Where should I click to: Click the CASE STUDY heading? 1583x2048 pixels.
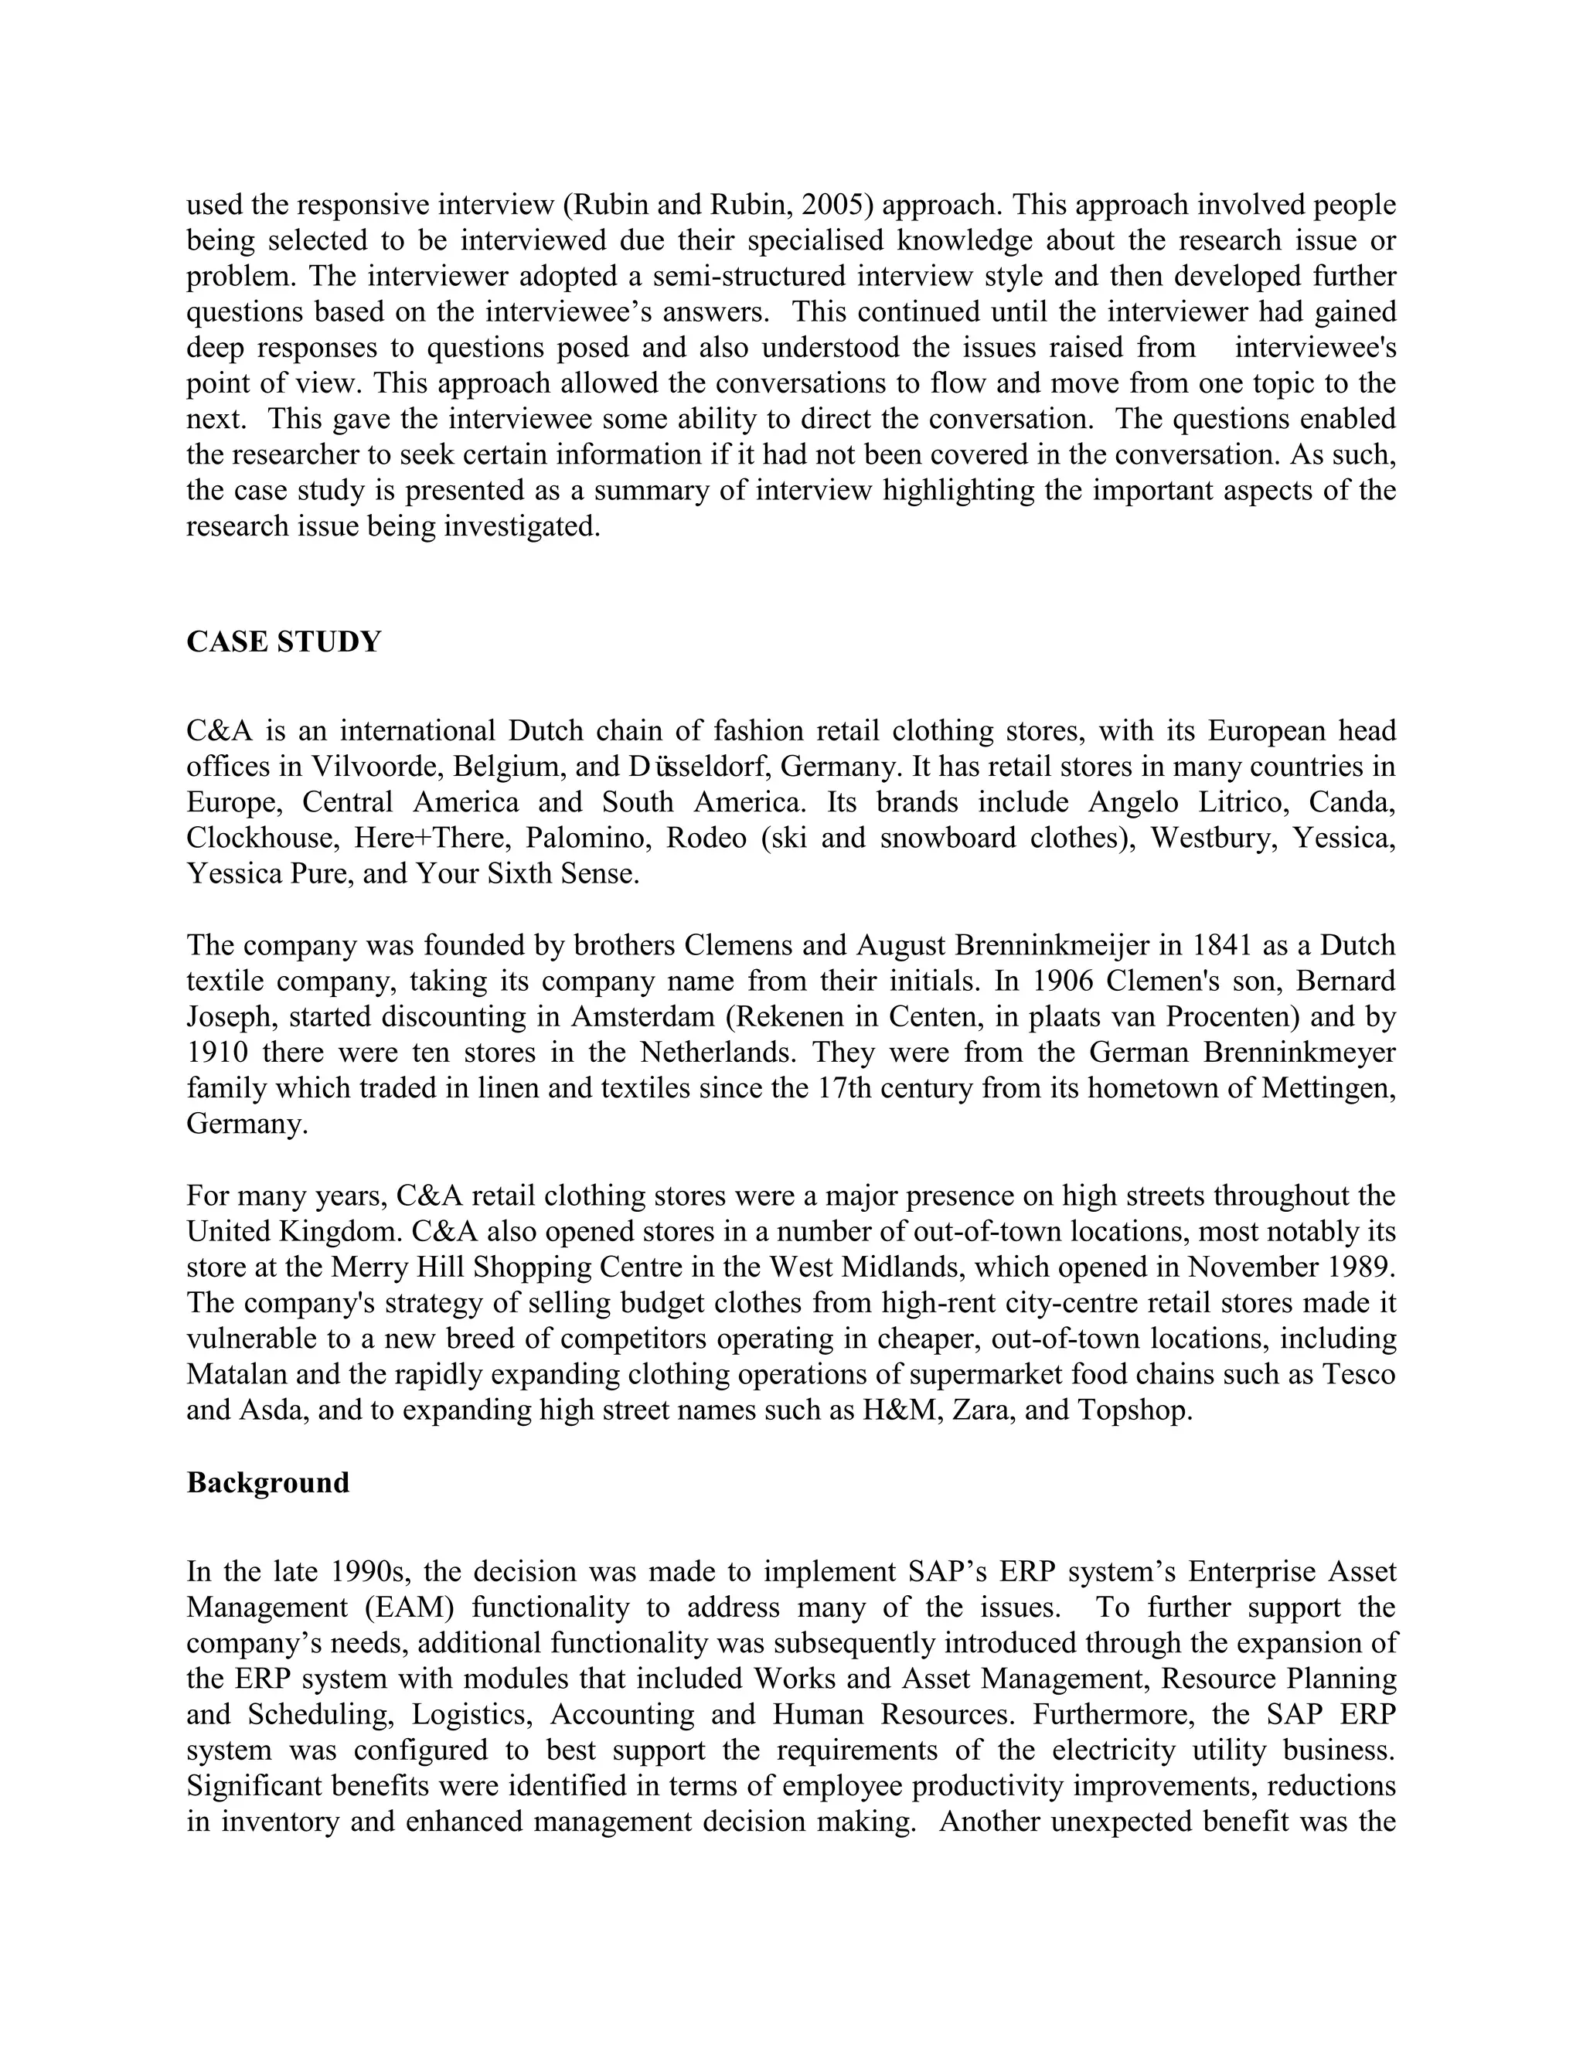pos(283,642)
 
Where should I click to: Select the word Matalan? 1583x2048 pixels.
pos(236,1374)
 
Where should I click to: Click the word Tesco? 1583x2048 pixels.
pos(1359,1374)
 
